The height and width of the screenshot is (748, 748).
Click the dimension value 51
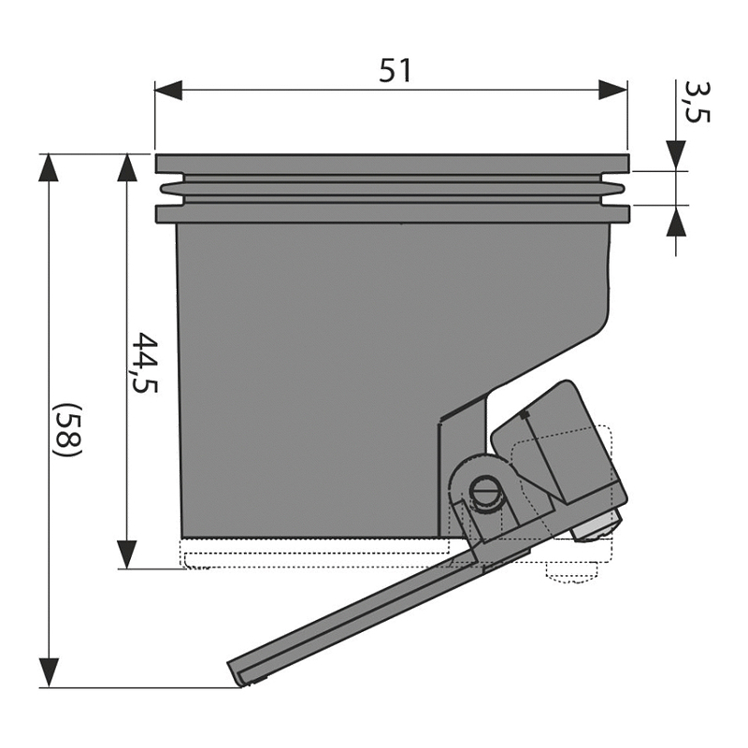[395, 71]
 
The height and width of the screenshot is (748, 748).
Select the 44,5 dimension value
[144, 363]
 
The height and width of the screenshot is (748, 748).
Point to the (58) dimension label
[68, 430]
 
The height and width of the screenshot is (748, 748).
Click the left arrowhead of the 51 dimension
[168, 90]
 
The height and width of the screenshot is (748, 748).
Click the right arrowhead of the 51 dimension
[613, 90]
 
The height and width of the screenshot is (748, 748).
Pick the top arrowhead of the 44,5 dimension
[127, 168]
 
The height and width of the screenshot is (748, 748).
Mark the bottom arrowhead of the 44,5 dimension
[127, 554]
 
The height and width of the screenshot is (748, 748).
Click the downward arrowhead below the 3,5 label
[676, 155]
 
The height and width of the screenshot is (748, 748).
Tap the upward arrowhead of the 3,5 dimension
[676, 221]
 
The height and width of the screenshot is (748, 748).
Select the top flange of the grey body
[392, 164]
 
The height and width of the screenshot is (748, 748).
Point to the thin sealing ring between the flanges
[392, 190]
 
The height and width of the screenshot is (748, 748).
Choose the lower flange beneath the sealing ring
[392, 214]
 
